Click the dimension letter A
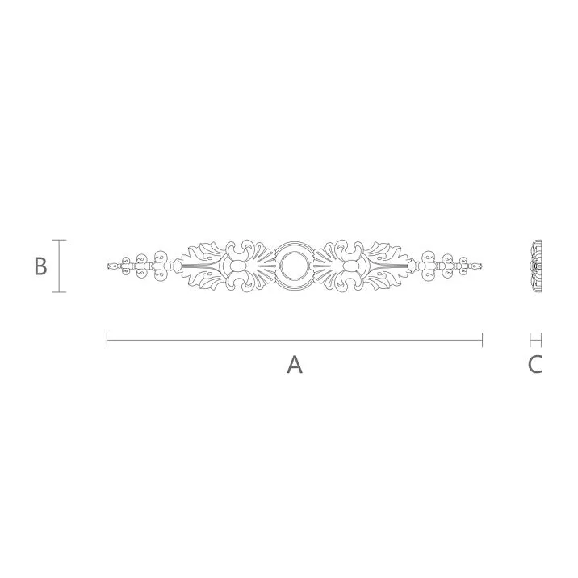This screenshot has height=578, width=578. coord(295,365)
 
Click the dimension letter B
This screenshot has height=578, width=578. coord(40,266)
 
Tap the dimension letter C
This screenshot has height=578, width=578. coord(534,365)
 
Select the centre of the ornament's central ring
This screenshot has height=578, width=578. coord(294,265)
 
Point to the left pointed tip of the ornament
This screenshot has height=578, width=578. coord(108,265)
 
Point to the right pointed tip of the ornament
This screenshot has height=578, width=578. coord(482,265)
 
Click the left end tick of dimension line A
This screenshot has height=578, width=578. coord(107,340)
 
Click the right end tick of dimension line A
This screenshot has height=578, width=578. coord(483,340)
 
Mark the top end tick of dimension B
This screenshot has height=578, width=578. coord(59,240)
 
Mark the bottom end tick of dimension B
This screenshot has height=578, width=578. coord(59,292)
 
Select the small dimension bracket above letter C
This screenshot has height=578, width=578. coord(535,340)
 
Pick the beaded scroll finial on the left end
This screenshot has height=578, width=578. coord(141,265)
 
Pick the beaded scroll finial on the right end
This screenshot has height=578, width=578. coord(448,265)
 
